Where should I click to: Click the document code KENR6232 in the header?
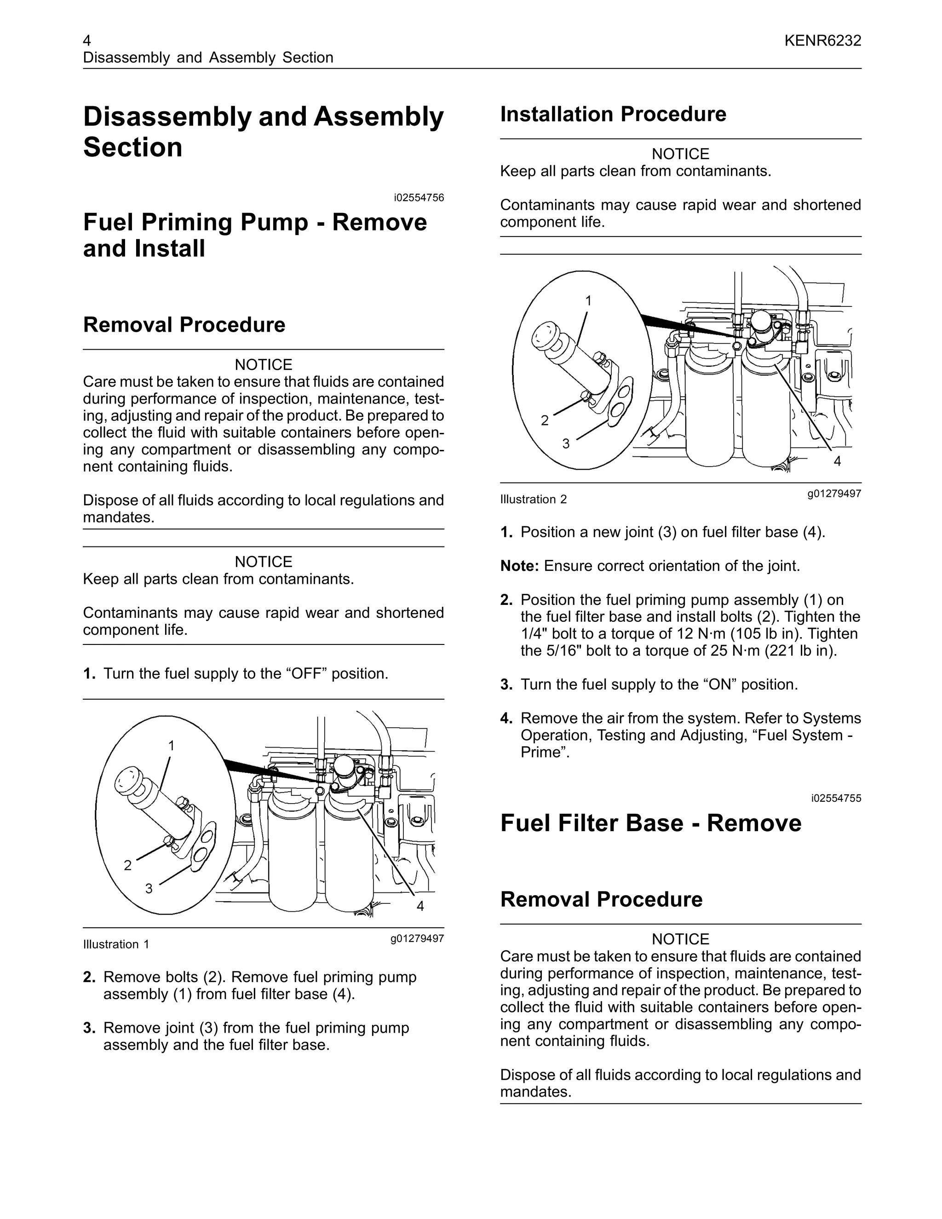(x=822, y=41)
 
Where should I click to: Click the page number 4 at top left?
(x=87, y=41)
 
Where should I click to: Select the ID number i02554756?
(x=419, y=198)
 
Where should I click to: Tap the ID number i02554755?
(x=836, y=798)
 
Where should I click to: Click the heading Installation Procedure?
(x=613, y=115)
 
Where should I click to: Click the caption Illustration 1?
(x=116, y=944)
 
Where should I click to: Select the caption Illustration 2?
(x=533, y=500)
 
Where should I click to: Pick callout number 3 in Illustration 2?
(x=566, y=444)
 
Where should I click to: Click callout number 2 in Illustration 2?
(x=545, y=420)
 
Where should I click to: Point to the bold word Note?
(x=519, y=566)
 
